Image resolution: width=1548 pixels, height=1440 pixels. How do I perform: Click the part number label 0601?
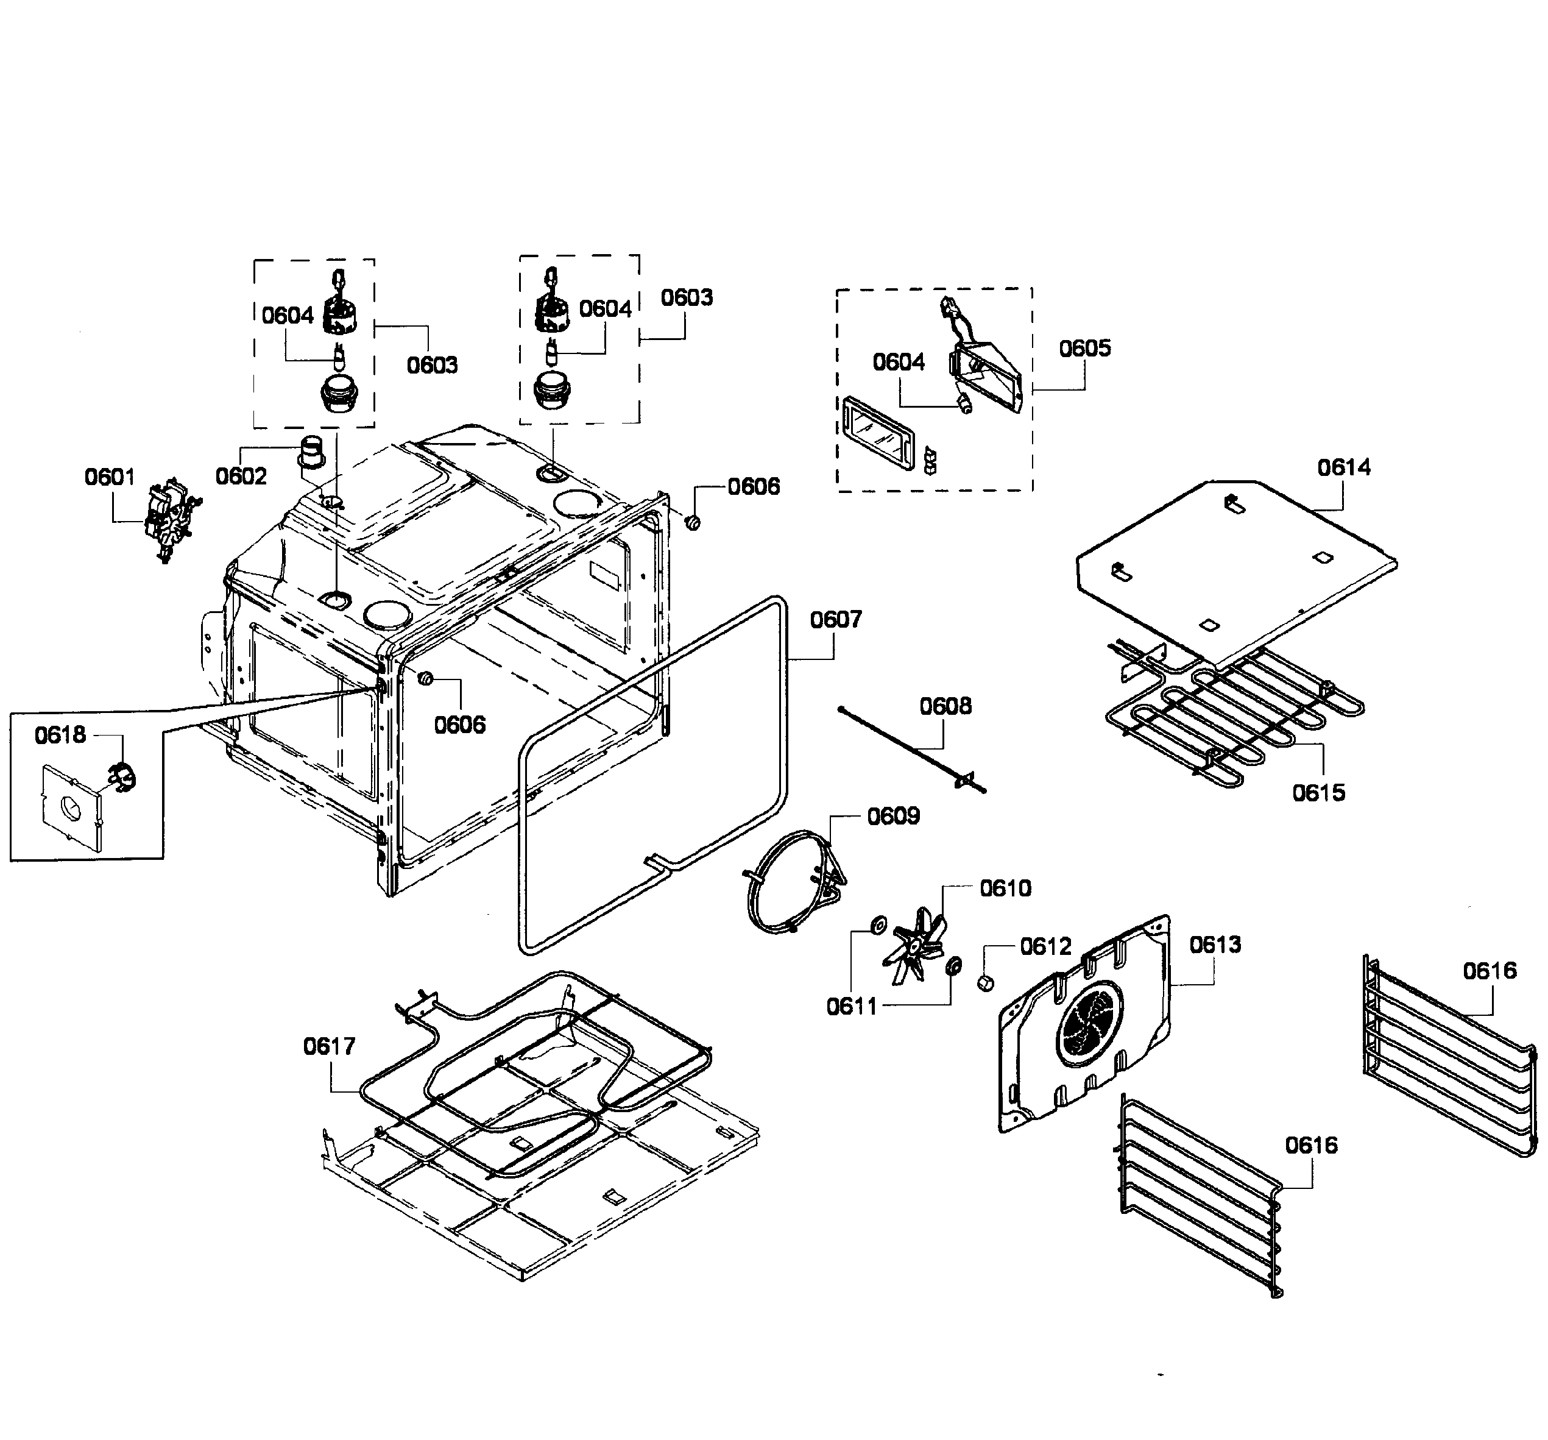coord(109,477)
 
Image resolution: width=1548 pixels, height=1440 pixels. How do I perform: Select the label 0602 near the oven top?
coord(241,476)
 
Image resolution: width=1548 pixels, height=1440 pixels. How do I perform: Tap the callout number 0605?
coord(1084,348)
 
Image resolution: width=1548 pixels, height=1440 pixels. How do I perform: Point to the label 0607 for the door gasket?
coord(835,620)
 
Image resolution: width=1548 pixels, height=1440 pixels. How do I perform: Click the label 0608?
coord(945,706)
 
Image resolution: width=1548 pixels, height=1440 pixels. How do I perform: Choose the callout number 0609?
coord(893,816)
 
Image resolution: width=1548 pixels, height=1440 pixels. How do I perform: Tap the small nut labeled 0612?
coord(985,983)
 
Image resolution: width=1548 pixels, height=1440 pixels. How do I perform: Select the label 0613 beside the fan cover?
coord(1215,945)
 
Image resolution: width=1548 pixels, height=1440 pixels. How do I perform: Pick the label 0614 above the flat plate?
coord(1344,467)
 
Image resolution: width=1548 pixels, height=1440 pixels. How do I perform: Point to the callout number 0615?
coord(1318,793)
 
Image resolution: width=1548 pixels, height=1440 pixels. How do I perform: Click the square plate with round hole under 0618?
coord(70,807)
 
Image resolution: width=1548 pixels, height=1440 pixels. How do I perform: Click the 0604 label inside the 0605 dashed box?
coord(899,362)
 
